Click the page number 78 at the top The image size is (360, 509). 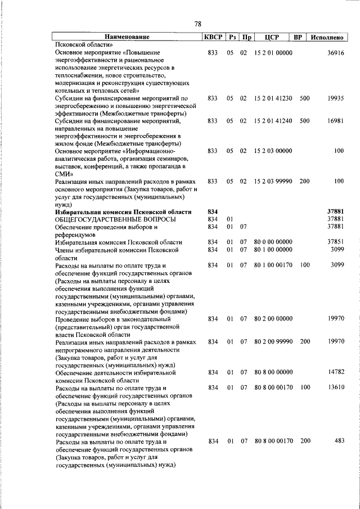(x=197, y=24)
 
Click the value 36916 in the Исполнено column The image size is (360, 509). (x=335, y=52)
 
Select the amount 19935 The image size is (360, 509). (x=335, y=98)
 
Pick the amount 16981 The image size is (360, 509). (x=335, y=120)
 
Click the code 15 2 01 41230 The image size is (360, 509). (x=273, y=98)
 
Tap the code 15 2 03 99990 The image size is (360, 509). (x=273, y=182)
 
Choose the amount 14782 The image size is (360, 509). (x=335, y=372)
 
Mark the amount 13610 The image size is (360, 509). (x=335, y=388)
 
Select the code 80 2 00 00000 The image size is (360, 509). (x=273, y=318)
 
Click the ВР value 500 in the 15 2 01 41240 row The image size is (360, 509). (x=304, y=120)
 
